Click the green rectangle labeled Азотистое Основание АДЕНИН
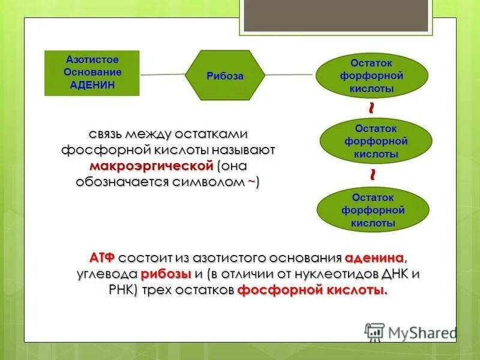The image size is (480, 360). coord(92,73)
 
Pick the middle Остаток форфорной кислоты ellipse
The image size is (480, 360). coord(376,141)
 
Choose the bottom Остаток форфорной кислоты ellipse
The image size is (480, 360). coord(373,210)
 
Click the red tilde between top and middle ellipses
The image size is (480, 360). coord(373,108)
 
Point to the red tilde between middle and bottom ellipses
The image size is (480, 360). coord(373,175)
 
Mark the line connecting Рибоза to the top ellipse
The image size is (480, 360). coord(289,74)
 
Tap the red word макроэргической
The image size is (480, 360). coord(152,165)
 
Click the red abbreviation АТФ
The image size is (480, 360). coord(102,259)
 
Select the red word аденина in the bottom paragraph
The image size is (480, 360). coord(375,259)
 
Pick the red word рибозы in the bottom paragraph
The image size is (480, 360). coord(166,275)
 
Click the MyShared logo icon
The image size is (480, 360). coord(374,332)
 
